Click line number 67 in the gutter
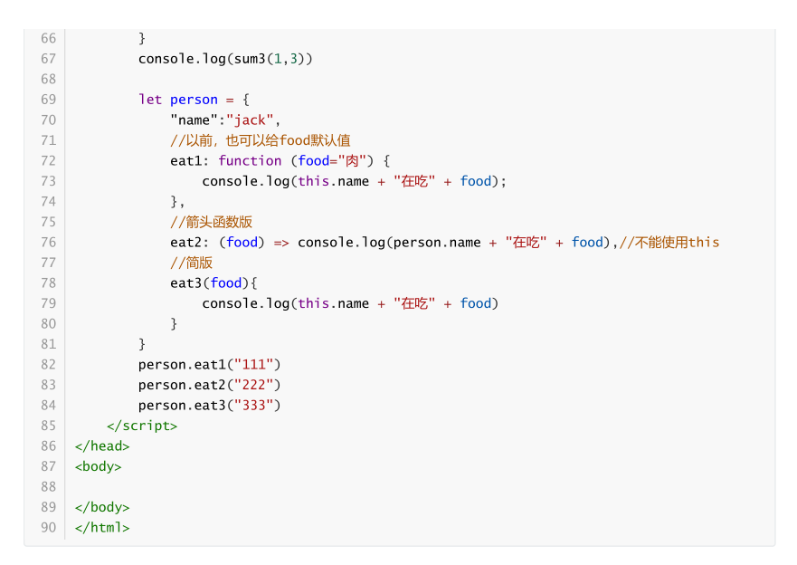(x=48, y=59)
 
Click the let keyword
(x=150, y=100)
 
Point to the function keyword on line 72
(x=250, y=160)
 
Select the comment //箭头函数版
(x=211, y=222)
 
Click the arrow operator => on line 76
(x=281, y=242)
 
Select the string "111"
(x=258, y=364)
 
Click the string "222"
(x=258, y=385)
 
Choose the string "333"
(x=258, y=405)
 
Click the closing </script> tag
(x=142, y=426)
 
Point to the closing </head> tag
(x=102, y=445)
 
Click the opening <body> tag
(x=98, y=466)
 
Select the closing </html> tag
(x=102, y=527)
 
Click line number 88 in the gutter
(x=48, y=486)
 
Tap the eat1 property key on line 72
(x=186, y=160)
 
